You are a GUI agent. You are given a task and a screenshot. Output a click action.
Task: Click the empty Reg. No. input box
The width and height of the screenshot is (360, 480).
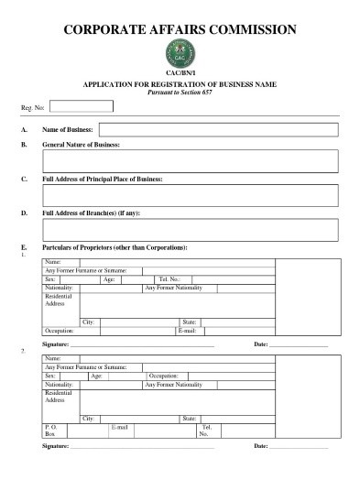click(81, 106)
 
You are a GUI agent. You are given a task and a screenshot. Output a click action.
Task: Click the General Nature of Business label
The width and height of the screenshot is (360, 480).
click(81, 146)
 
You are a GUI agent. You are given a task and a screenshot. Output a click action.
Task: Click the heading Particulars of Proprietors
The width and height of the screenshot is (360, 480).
click(115, 248)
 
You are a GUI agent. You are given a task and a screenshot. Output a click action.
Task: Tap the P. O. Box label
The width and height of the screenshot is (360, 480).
click(51, 431)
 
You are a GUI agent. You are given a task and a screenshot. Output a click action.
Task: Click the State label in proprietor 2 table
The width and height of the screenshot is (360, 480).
click(191, 418)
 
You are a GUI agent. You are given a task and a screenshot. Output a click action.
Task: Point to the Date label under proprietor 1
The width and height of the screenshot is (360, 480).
click(261, 344)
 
